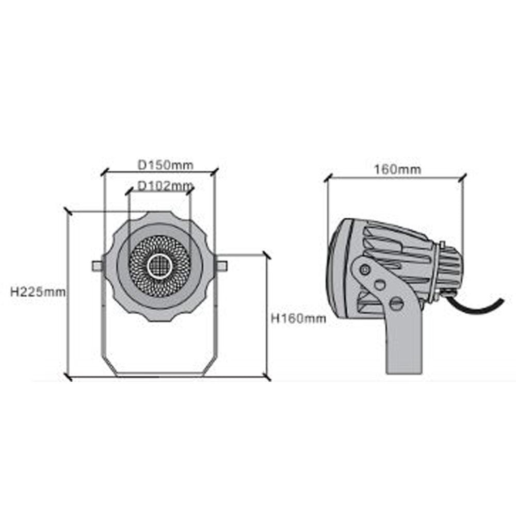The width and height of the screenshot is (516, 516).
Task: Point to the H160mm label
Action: tap(298, 318)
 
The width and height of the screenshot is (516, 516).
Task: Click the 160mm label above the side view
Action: tap(397, 169)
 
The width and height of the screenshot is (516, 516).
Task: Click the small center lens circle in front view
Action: tap(159, 266)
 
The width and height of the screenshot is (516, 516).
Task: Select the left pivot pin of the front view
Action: tap(97, 265)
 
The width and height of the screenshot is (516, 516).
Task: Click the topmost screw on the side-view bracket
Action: tap(365, 268)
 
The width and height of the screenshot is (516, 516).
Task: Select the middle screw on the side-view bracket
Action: tap(380, 285)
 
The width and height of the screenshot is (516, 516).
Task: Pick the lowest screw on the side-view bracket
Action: tap(396, 303)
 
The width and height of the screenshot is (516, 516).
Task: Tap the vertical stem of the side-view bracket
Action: tap(404, 346)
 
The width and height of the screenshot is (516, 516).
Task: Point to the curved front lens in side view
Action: tap(332, 268)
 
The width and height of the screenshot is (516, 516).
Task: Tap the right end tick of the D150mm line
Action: tap(215, 170)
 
